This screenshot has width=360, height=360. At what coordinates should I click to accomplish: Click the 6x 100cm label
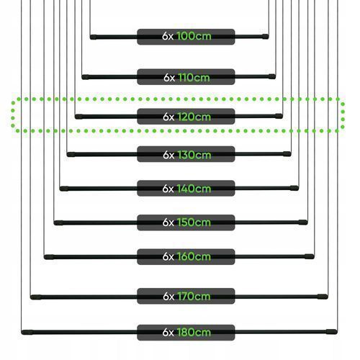click(x=186, y=37)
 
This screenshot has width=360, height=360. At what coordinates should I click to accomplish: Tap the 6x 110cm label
click(x=186, y=77)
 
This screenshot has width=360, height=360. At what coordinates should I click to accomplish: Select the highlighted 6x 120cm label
click(x=186, y=117)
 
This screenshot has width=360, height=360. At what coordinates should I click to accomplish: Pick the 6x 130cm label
click(x=186, y=154)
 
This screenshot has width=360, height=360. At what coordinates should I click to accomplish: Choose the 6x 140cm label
click(x=186, y=188)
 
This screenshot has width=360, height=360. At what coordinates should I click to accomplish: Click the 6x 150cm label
click(x=186, y=222)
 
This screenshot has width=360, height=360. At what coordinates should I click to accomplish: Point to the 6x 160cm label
click(x=186, y=257)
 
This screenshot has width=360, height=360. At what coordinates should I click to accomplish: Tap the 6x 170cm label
click(x=186, y=296)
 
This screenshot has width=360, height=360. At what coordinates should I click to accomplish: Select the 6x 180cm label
click(x=186, y=333)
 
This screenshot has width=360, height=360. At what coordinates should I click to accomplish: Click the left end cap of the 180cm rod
click(x=27, y=333)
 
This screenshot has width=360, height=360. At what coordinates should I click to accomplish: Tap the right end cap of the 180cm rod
click(x=332, y=332)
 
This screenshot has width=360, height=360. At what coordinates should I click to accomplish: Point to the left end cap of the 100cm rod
click(x=94, y=37)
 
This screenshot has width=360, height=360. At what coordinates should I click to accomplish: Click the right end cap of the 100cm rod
click(x=265, y=37)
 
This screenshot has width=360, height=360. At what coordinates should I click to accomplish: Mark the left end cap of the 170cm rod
click(x=36, y=297)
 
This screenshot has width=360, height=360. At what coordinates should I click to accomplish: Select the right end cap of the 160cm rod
click(x=310, y=256)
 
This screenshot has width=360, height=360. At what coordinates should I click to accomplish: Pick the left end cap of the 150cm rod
click(x=58, y=223)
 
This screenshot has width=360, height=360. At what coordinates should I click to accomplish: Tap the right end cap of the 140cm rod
click(x=294, y=188)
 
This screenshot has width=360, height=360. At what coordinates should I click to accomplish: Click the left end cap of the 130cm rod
click(x=71, y=155)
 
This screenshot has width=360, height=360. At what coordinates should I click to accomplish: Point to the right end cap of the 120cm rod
click(x=279, y=116)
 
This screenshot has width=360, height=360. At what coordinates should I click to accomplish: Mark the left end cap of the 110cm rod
click(x=86, y=77)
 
